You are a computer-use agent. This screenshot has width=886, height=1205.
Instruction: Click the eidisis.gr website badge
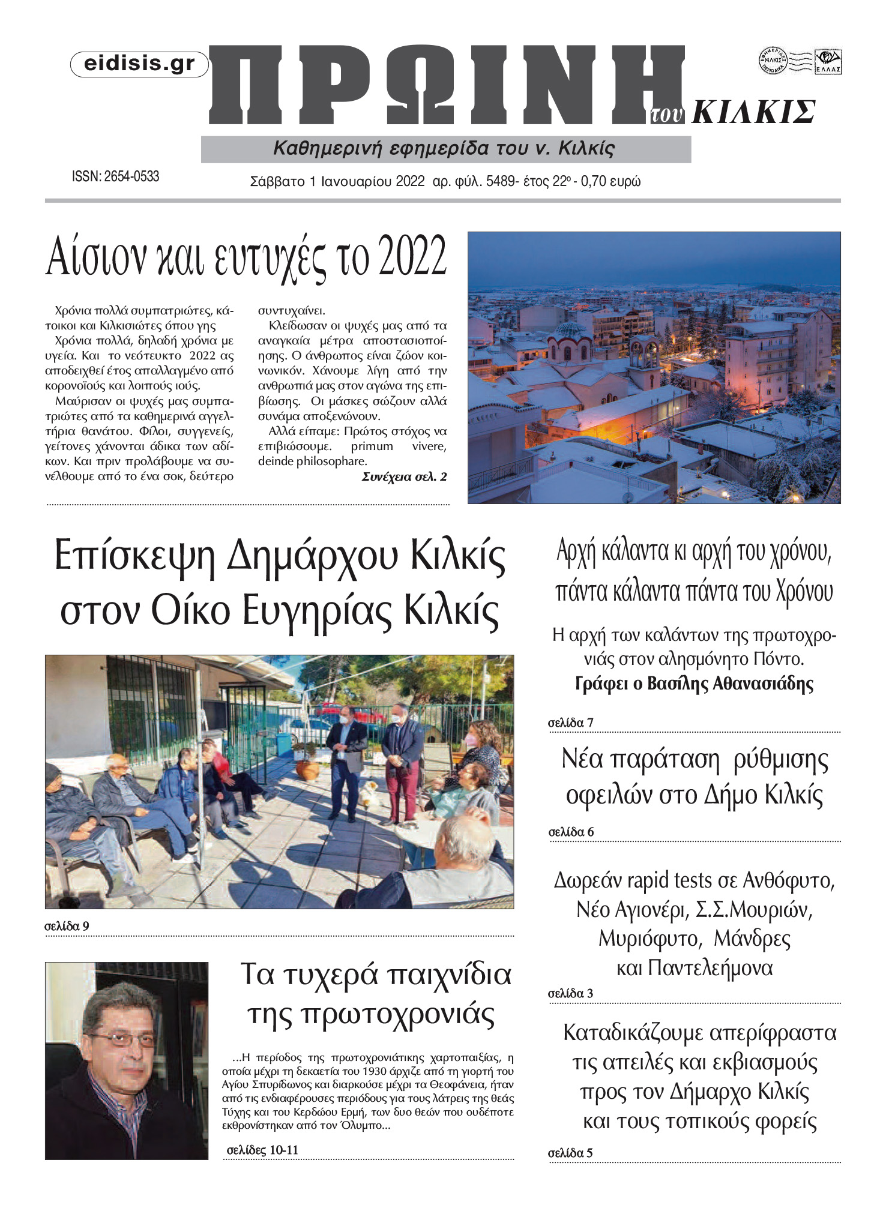(x=139, y=64)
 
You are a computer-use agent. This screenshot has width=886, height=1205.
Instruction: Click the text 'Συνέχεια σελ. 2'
(x=404, y=477)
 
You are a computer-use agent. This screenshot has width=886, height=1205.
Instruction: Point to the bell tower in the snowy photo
(x=644, y=360)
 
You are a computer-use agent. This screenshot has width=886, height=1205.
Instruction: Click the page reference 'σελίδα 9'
(x=67, y=927)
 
